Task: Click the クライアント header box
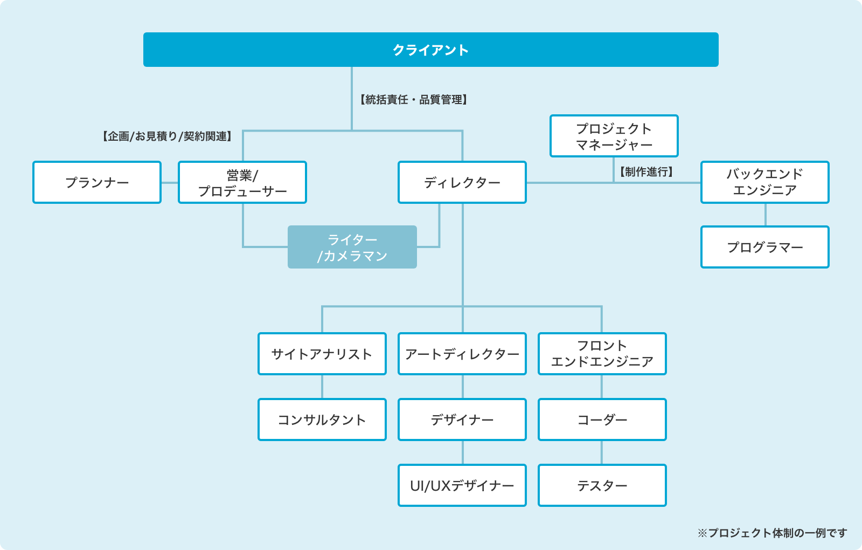[x=430, y=50]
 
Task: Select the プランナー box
[x=97, y=182]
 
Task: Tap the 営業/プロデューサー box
[x=242, y=182]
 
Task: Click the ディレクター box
[x=462, y=182]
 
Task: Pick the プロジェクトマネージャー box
[x=614, y=136]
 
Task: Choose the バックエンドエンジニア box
[x=765, y=182]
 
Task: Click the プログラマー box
[x=765, y=247]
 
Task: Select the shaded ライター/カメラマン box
[x=352, y=247]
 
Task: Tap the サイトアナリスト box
[x=322, y=354]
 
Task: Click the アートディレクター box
[x=462, y=354]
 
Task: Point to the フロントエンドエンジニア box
[x=602, y=354]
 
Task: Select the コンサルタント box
[x=322, y=420]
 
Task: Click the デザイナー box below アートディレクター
[x=462, y=420]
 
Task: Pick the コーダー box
[x=602, y=420]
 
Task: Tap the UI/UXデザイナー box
[x=462, y=485]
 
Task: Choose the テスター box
[x=602, y=485]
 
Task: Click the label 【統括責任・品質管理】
[x=414, y=100]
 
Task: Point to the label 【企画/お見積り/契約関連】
[x=167, y=136]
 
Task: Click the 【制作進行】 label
[x=646, y=172]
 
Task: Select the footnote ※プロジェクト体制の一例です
[x=773, y=533]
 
